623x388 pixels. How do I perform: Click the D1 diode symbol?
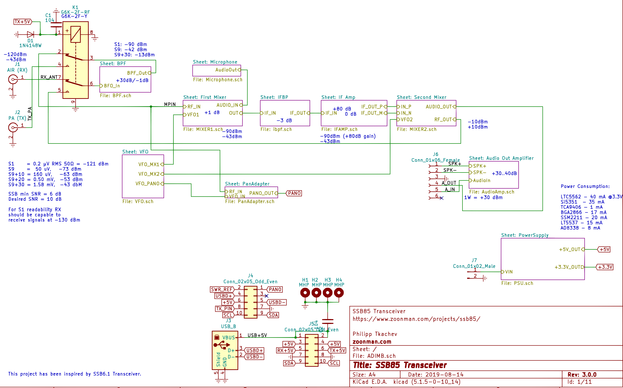point(30,34)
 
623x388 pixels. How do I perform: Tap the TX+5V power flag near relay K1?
point(23,22)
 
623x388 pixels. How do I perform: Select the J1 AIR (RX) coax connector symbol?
point(13,79)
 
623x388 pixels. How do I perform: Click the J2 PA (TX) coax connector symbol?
point(13,127)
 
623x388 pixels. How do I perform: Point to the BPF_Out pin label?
point(137,73)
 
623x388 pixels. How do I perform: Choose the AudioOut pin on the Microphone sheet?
point(226,70)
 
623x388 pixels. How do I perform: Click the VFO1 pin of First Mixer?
point(193,115)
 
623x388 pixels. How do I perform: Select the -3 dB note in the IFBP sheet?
point(284,121)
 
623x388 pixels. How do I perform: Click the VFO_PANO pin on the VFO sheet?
point(147,184)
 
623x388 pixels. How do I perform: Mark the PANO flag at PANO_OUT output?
point(294,193)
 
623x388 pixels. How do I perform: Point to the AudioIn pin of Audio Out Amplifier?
point(481,180)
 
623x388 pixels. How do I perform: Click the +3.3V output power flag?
point(605,267)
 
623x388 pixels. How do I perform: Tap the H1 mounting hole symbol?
point(305,293)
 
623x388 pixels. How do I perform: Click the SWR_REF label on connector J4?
point(221,289)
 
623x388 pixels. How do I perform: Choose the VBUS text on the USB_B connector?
point(228,338)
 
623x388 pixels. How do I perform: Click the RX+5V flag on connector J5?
point(285,351)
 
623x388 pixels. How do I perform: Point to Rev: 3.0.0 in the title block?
point(582,375)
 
